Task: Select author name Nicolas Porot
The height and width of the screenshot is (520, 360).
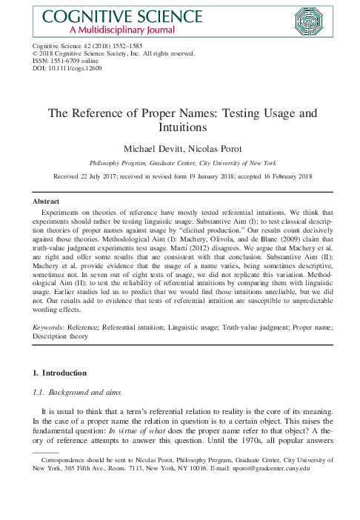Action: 209,147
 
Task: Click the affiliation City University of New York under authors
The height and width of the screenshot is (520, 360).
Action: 239,162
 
